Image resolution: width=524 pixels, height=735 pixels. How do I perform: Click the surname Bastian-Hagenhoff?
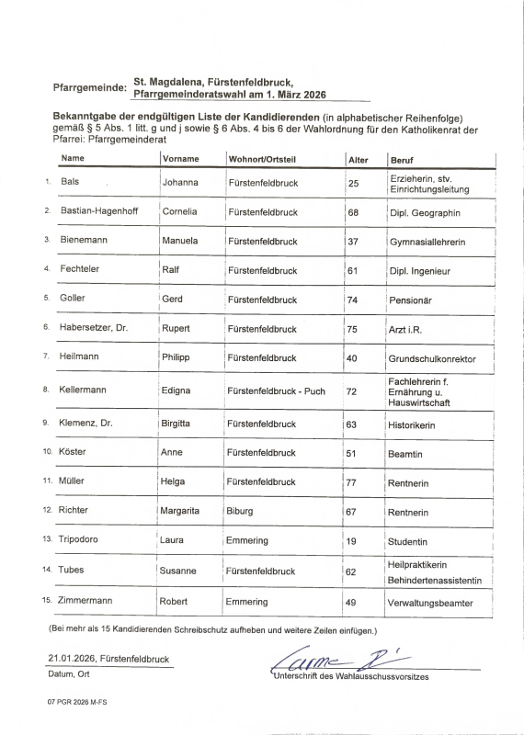pos(100,212)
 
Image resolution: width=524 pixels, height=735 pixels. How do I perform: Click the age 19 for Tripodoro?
pos(353,542)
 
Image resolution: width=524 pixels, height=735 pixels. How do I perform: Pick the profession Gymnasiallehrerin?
pos(427,242)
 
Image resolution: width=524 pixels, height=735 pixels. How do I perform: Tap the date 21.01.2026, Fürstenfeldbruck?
pos(108,659)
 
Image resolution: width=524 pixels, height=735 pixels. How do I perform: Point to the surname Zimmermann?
pos(90,602)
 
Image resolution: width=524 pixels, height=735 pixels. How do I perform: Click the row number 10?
pos(48,453)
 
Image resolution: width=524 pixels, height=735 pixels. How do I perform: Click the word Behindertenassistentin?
pos(436,581)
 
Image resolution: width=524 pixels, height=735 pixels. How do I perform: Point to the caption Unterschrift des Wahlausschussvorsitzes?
pos(350,677)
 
